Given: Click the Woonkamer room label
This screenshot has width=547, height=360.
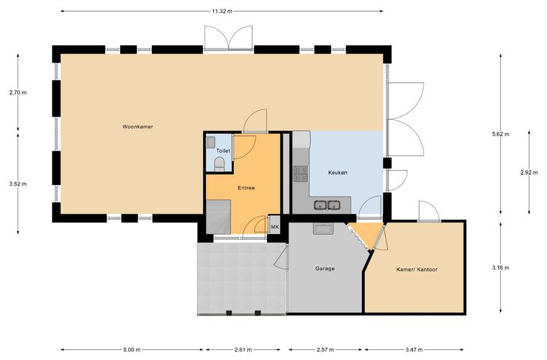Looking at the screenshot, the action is click(137, 127).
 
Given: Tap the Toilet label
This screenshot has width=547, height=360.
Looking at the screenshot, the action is click(223, 150).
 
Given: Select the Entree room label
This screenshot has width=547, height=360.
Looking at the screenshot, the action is click(246, 188).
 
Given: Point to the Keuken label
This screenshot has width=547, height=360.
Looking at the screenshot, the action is click(338, 172).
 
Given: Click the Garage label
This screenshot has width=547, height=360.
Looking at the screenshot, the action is click(325, 269).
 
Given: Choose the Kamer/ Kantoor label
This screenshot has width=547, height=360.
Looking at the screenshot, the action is click(417, 269).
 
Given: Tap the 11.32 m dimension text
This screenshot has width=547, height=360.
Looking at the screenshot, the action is click(222, 11).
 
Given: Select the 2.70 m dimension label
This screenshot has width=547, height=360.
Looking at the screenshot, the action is click(18, 92).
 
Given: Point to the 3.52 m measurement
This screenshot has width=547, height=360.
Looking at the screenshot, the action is click(18, 184).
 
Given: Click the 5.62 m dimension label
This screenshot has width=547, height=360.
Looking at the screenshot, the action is click(500, 134).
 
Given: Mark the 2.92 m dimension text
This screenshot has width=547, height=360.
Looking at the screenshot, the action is click(529, 172).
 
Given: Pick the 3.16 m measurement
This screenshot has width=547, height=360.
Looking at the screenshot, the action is click(500, 268).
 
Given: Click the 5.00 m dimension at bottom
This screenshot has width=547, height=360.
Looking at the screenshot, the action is click(132, 349).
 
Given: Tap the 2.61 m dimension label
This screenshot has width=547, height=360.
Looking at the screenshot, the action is click(243, 349).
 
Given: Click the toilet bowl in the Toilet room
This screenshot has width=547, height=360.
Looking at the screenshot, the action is click(219, 164).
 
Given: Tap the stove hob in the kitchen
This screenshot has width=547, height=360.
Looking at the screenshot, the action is click(301, 174).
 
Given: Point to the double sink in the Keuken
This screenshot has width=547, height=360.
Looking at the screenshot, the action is click(327, 205).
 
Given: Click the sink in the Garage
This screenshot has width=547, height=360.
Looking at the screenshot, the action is click(323, 228).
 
